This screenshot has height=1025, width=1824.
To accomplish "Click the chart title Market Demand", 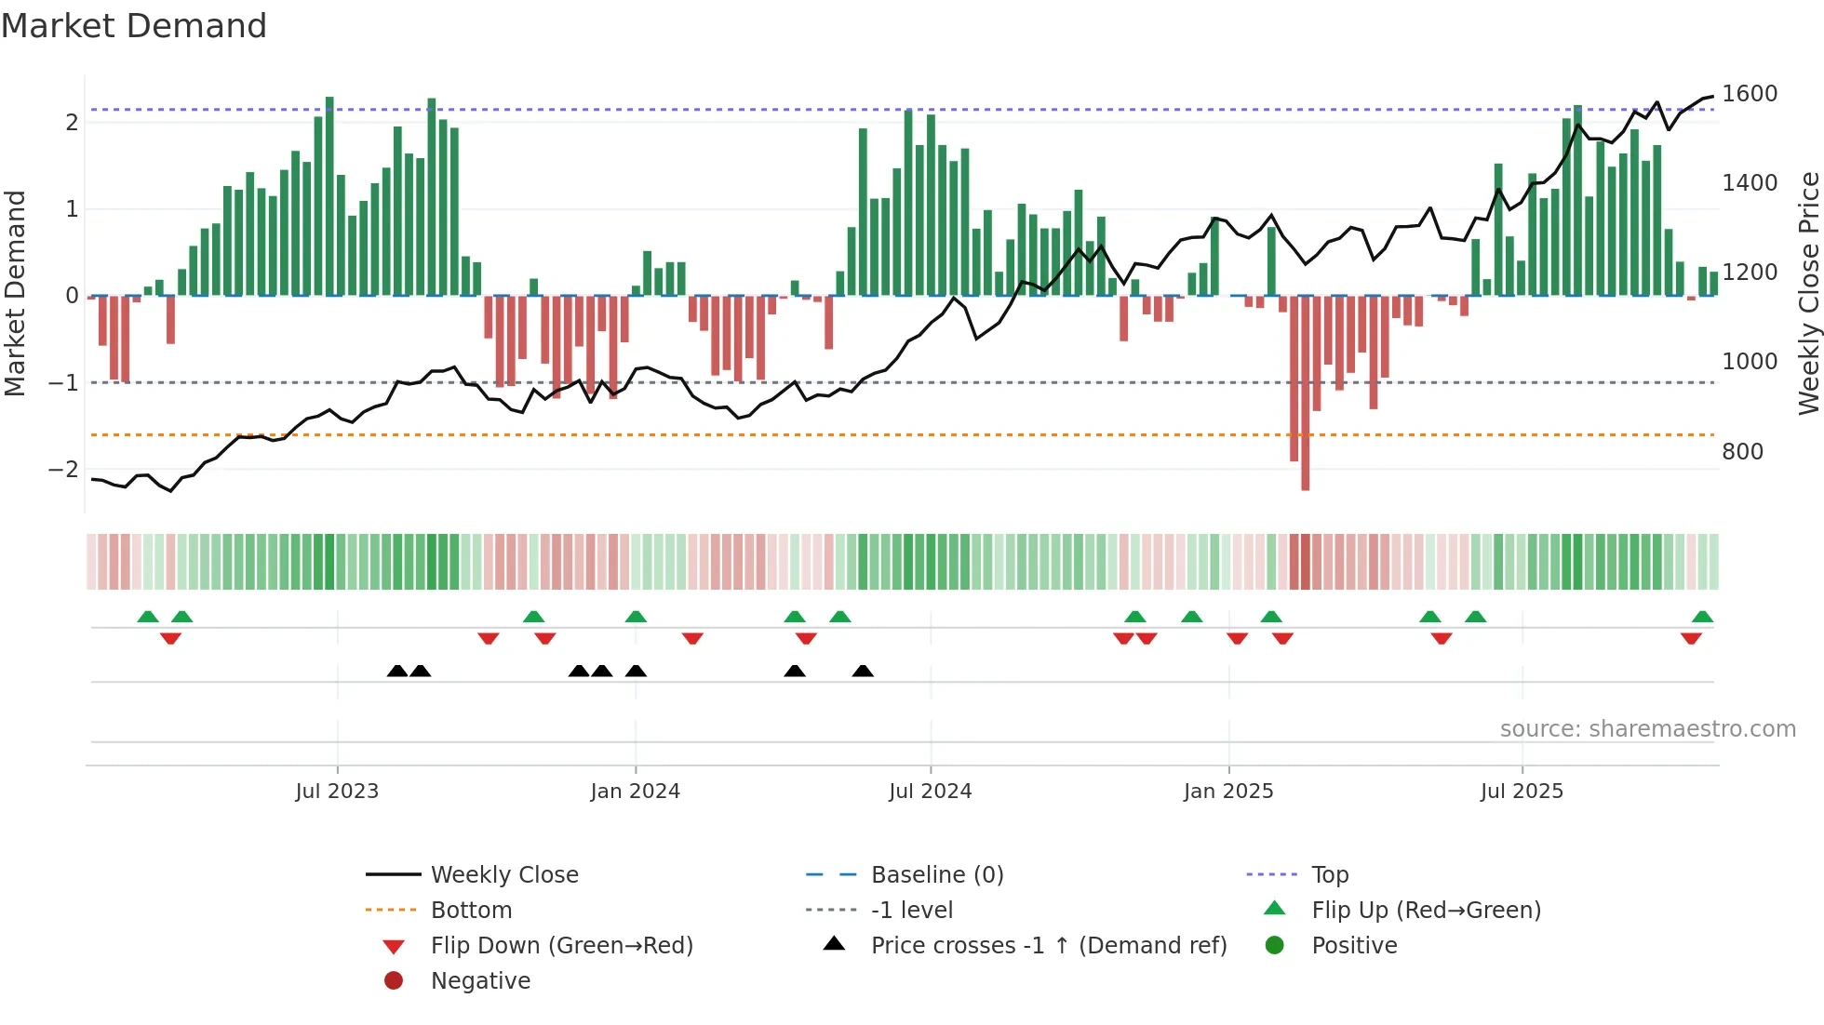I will pos(134,25).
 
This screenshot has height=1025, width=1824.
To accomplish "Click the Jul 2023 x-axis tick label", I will pos(337,792).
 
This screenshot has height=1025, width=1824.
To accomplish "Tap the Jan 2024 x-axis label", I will pos(636,792).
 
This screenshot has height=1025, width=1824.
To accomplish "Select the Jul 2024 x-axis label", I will pos(930,792).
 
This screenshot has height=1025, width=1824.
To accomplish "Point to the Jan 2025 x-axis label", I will pos(1228,792).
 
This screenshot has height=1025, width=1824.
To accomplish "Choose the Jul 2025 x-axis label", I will pos(1522,792).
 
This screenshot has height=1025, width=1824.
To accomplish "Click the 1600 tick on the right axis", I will pos(1750,94).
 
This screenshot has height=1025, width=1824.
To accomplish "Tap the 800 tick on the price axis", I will pos(1742,452).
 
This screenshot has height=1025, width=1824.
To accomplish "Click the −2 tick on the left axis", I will pos(63,470).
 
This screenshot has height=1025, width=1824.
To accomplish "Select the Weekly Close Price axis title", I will pos(1808,293).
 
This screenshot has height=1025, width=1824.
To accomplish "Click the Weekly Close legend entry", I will pos(503,875).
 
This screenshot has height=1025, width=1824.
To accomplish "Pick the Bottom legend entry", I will pos(471,911).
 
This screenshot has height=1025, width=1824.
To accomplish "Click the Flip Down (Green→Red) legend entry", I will pos(561,946).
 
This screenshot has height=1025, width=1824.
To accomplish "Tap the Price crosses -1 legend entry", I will pos(1048,946).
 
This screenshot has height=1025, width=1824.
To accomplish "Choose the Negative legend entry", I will pos(480,981).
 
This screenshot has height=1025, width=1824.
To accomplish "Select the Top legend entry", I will pos(1329,875).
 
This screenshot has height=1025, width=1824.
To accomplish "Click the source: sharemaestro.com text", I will pos(1647,729).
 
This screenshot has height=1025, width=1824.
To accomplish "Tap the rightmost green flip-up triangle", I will pos(1702,617).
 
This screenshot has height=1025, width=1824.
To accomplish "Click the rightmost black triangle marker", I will pos(863,672).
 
